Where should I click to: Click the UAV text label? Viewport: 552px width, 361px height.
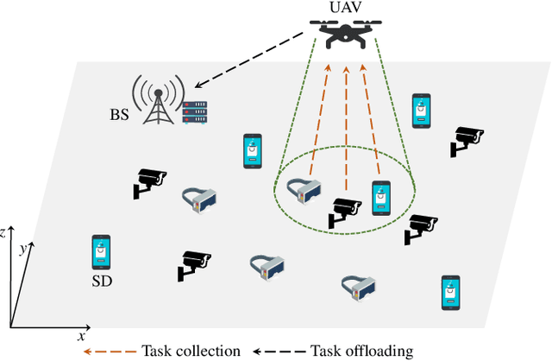[344, 9]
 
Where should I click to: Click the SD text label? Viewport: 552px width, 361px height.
[102, 281]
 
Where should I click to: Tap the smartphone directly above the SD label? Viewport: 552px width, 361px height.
[102, 252]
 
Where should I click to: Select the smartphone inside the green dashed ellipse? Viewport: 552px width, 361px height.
[381, 198]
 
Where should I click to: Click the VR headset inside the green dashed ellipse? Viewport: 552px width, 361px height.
[304, 191]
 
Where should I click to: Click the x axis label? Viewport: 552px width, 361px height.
[81, 334]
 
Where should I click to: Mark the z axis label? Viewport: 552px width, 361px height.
[5, 232]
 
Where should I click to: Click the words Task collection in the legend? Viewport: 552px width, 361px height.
[193, 351]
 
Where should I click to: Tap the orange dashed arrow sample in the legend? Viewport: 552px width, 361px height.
[111, 351]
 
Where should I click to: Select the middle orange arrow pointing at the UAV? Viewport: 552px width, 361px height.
[346, 130]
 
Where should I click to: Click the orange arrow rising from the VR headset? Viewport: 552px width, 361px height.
[318, 121]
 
